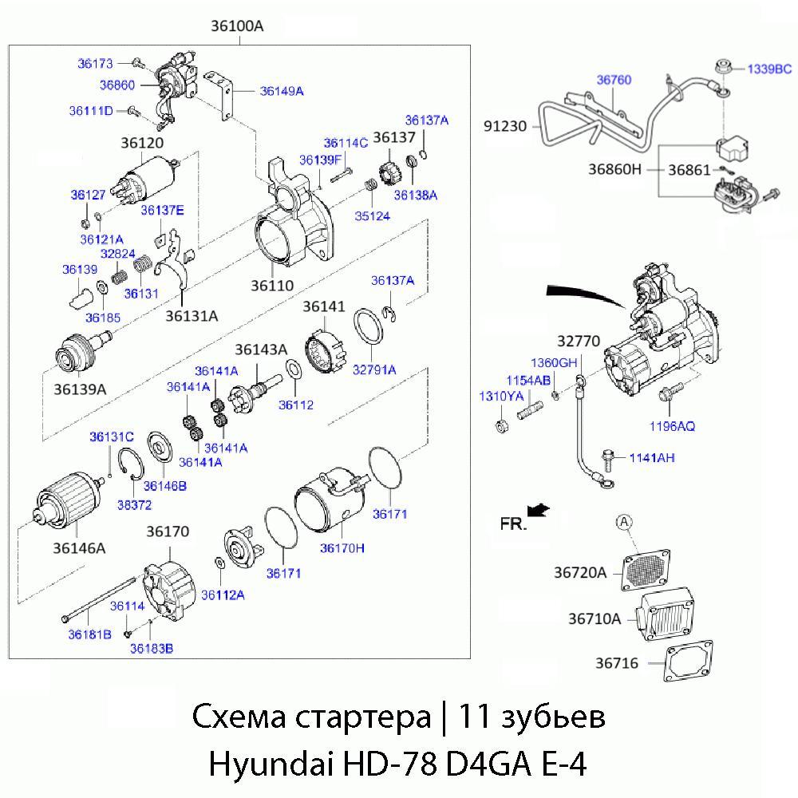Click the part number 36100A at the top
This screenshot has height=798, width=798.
point(237,26)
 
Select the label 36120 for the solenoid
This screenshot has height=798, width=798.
point(142,144)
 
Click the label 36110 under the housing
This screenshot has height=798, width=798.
point(271,285)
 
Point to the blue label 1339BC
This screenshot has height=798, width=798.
point(769,69)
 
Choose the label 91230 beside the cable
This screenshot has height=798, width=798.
point(506,125)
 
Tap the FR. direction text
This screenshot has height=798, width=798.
point(513,523)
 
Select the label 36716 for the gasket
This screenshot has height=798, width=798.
point(617,663)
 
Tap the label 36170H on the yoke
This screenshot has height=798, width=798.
point(342,547)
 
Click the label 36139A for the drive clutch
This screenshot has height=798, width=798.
point(80,389)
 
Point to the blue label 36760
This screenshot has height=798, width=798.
point(614,80)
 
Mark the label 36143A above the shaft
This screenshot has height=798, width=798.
point(261,350)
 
